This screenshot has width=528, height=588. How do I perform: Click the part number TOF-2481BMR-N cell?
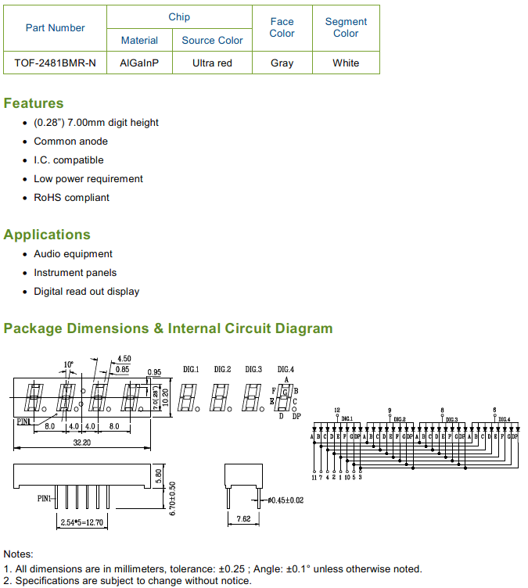click(56, 63)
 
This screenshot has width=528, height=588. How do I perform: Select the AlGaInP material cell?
click(139, 63)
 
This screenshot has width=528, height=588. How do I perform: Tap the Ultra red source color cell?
click(212, 63)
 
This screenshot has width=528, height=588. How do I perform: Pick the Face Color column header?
click(282, 27)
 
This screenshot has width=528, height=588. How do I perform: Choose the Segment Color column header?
click(346, 27)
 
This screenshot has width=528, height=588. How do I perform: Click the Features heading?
click(34, 103)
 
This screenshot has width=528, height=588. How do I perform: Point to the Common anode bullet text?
click(70, 142)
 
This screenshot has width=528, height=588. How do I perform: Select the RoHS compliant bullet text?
click(71, 198)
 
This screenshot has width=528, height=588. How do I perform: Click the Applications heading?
click(47, 235)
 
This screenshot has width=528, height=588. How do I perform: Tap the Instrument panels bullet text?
click(75, 273)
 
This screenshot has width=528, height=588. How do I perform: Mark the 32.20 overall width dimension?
click(82, 443)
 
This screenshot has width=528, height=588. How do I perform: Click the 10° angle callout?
click(68, 364)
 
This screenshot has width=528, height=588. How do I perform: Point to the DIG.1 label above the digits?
click(191, 369)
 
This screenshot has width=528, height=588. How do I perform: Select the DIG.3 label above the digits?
click(253, 369)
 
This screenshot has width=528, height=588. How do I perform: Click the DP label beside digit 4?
click(296, 416)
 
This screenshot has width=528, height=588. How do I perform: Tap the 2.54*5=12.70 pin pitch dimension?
click(81, 522)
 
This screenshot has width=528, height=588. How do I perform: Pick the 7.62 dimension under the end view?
click(243, 518)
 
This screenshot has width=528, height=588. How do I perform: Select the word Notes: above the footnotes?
click(18, 554)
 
